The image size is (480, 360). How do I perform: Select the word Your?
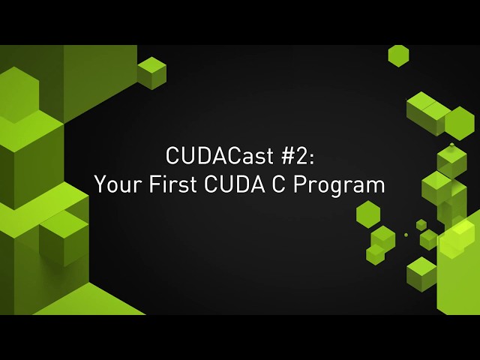(x=112, y=184)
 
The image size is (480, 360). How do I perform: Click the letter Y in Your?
(x=98, y=184)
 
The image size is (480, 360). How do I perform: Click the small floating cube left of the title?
(x=151, y=73)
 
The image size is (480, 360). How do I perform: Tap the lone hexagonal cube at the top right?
(x=398, y=55)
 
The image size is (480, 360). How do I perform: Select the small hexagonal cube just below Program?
(x=367, y=213)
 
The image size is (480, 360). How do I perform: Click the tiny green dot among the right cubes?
(x=406, y=235)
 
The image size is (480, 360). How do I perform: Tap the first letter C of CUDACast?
(x=172, y=157)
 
